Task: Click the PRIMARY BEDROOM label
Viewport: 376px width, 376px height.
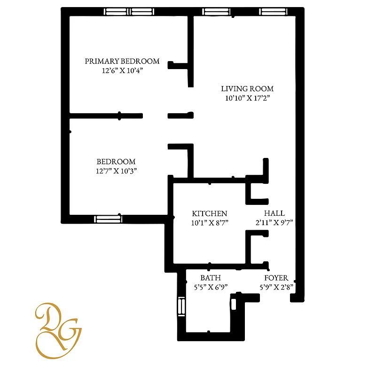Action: [x=122, y=61]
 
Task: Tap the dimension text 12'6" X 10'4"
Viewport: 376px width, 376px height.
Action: [x=122, y=70]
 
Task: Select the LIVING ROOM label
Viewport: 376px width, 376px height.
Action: [x=247, y=88]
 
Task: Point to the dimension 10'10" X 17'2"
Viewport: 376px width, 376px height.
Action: [x=247, y=98]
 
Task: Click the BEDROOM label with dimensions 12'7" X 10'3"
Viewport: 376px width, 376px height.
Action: [x=116, y=161]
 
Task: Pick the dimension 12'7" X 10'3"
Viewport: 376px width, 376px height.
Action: [x=116, y=171]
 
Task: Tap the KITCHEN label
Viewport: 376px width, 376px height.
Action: [x=210, y=213]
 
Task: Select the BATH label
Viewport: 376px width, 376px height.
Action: [x=211, y=278]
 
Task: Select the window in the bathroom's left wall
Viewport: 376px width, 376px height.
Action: [x=181, y=307]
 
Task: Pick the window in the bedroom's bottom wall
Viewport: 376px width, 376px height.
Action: [x=108, y=219]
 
